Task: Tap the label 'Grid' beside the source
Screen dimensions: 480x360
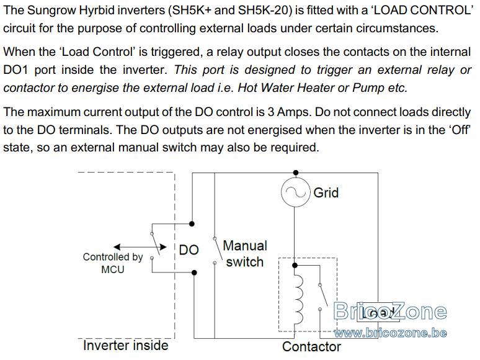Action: click(326, 193)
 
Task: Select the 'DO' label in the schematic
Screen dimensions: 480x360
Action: click(189, 250)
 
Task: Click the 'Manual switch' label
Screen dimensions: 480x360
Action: click(245, 254)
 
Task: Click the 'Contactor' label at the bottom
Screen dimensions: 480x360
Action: click(311, 346)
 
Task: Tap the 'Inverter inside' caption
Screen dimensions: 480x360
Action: click(125, 345)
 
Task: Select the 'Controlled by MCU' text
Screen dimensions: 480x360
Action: click(113, 263)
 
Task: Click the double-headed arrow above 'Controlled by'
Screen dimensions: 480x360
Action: click(140, 247)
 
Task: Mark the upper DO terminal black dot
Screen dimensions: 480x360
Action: click(192, 224)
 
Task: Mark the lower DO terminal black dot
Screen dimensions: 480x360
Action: click(194, 272)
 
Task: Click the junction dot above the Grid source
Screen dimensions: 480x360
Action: click(296, 173)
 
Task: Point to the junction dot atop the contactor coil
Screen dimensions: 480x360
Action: click(295, 265)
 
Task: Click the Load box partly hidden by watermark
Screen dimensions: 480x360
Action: click(378, 312)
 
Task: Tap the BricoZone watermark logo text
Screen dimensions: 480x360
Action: click(390, 311)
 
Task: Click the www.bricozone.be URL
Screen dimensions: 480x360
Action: click(390, 333)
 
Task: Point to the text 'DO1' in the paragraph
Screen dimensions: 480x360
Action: click(16, 70)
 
